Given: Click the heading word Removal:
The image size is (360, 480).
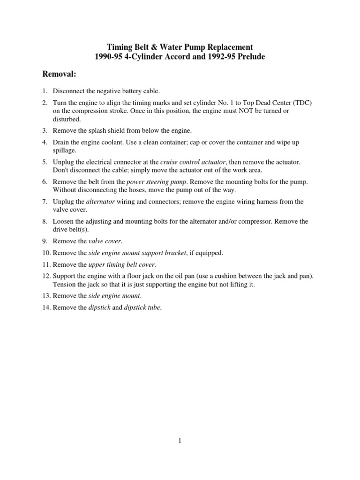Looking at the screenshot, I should pyautogui.click(x=60, y=74).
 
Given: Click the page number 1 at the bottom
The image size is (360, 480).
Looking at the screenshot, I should pyautogui.click(x=180, y=440).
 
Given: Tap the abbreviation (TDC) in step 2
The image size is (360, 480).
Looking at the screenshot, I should pyautogui.click(x=301, y=103).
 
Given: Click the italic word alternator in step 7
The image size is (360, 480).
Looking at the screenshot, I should pyautogui.click(x=101, y=202).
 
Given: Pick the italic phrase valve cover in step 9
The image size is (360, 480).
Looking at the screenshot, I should pyautogui.click(x=105, y=241).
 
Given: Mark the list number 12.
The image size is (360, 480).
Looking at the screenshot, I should pyautogui.click(x=45, y=277).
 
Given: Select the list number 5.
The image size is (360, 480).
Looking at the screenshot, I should pyautogui.click(x=45, y=162).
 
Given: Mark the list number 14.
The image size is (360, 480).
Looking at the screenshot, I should pyautogui.click(x=45, y=307).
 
